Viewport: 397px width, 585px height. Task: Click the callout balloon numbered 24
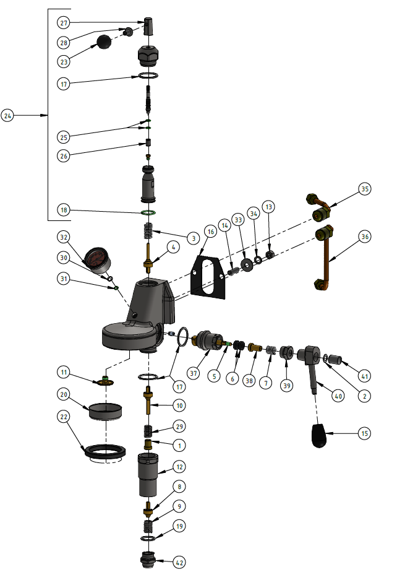(x=7, y=116)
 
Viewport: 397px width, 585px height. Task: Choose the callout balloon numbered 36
(x=364, y=236)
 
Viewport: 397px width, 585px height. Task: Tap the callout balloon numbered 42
(x=179, y=563)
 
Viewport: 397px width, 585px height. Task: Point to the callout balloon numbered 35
(x=364, y=189)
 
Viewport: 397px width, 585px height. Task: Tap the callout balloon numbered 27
(x=64, y=23)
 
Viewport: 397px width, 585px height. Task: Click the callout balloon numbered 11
(x=64, y=372)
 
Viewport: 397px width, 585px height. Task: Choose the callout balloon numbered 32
(x=64, y=236)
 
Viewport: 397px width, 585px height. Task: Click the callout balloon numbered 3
(x=193, y=238)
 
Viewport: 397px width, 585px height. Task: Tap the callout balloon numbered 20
(x=64, y=394)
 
